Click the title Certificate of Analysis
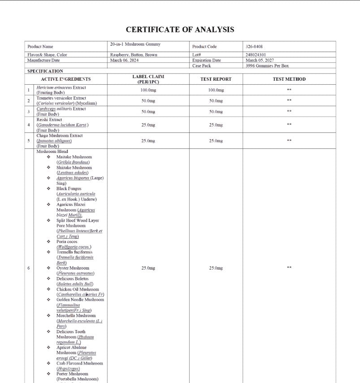pyautogui.click(x=180, y=30)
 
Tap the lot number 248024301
pyautogui.click(x=256, y=55)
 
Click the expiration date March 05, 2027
pyautogui.click(x=260, y=60)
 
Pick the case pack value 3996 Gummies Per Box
pyautogui.click(x=267, y=65)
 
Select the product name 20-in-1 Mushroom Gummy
pyautogui.click(x=135, y=44)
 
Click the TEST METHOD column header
pyautogui.click(x=289, y=79)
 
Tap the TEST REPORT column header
pyautogui.click(x=216, y=79)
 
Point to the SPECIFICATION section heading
pyautogui.click(x=45, y=71)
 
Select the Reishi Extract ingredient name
pyautogui.click(x=49, y=120)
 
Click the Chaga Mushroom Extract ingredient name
pyautogui.click(x=60, y=135)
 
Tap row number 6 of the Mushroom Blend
pyautogui.click(x=29, y=268)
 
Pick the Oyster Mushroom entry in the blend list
pyautogui.click(x=73, y=268)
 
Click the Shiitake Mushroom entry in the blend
pyautogui.click(x=74, y=167)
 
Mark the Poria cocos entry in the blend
pyautogui.click(x=67, y=242)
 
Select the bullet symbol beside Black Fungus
pyautogui.click(x=48, y=189)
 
